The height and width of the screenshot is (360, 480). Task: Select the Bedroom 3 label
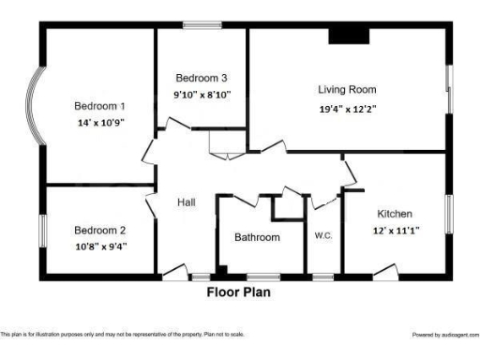[x=201, y=78]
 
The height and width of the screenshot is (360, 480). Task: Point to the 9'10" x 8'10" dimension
[x=201, y=94]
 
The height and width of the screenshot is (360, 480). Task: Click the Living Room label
[x=347, y=90]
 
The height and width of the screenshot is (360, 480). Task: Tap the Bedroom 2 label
[x=100, y=230]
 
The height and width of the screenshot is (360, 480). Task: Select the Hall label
[x=185, y=202]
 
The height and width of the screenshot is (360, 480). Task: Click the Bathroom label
[x=257, y=237]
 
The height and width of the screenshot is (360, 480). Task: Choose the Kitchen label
[x=395, y=214]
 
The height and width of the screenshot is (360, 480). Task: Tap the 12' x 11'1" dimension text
[x=397, y=230]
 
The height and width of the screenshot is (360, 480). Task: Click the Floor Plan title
[x=239, y=292]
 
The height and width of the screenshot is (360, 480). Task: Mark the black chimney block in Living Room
[x=348, y=36]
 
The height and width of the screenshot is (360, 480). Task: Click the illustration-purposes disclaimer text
[x=122, y=334]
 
